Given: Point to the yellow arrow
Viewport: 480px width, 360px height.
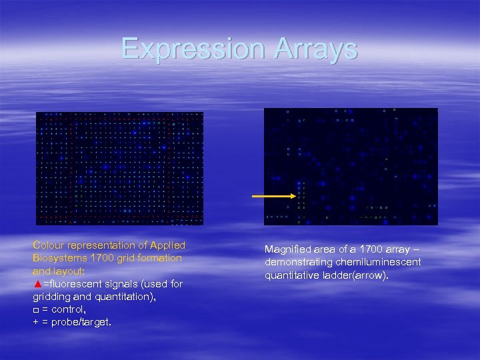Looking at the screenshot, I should coord(274,196).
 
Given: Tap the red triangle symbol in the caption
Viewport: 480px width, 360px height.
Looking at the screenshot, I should coord(37,285).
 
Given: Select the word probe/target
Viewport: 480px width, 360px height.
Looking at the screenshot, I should coord(83,322).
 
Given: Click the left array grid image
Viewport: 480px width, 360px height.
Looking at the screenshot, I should coord(119,168).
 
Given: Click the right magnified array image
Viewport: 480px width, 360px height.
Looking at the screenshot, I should coord(351,166).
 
